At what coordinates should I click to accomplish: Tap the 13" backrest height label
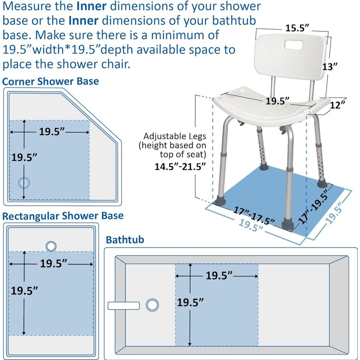[x=330, y=67]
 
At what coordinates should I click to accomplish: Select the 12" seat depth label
[x=337, y=104]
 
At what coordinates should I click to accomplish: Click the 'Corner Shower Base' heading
[x=50, y=81]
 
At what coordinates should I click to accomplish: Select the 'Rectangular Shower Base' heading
[x=63, y=216]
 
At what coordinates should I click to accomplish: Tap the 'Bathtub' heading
[x=125, y=240]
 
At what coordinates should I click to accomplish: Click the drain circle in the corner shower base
[x=23, y=182]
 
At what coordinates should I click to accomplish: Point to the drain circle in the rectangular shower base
[x=51, y=246]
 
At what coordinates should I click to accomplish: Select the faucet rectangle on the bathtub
[x=126, y=305]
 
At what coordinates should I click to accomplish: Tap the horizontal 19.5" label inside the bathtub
[x=219, y=275]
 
